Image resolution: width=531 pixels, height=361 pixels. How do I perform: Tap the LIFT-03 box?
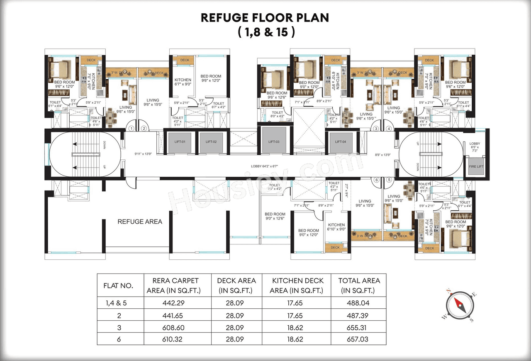pos(274,142)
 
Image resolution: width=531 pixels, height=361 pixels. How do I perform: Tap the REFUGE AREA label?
pos(140,222)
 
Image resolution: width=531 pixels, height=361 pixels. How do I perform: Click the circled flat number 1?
pos(131,129)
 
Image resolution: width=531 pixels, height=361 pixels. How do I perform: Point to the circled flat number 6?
pos(376,180)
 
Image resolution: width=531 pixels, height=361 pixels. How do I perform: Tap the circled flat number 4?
pos(389,129)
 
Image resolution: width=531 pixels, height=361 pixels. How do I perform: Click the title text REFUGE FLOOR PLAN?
pos(265,17)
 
